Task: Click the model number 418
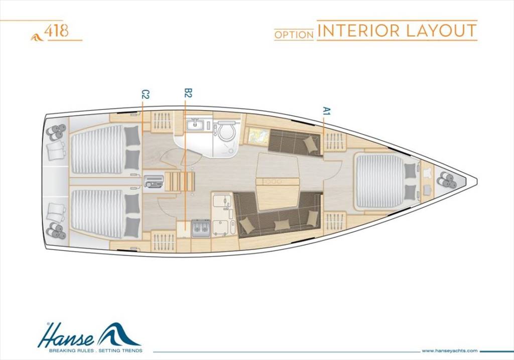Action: click(x=56, y=31)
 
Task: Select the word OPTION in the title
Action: click(x=294, y=35)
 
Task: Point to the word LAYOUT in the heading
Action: click(x=441, y=30)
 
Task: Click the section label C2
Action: click(x=145, y=94)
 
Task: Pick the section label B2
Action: click(x=188, y=93)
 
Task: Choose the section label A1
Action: click(x=326, y=110)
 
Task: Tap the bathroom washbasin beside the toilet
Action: click(x=195, y=125)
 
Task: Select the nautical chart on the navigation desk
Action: click(x=259, y=136)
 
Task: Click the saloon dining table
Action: click(x=278, y=181)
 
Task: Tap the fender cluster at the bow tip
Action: click(x=447, y=180)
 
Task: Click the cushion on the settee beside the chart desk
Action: click(x=309, y=144)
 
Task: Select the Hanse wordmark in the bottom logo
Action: click(x=66, y=336)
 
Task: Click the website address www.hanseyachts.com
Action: click(x=449, y=351)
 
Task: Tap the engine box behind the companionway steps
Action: click(x=154, y=181)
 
